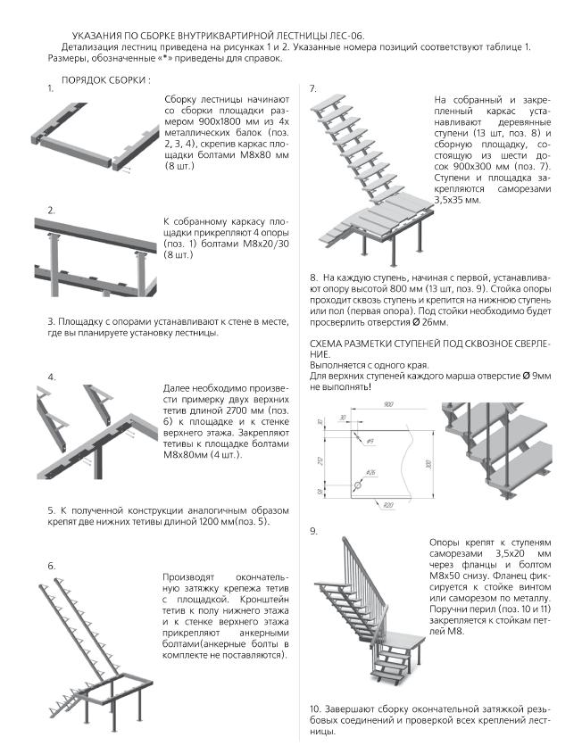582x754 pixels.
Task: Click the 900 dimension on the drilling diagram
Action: click(388, 404)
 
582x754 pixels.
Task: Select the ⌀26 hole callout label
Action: click(370, 473)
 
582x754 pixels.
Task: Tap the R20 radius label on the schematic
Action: click(388, 505)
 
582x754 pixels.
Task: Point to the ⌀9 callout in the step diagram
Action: click(370, 441)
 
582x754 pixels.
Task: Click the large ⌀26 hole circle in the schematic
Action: click(358, 485)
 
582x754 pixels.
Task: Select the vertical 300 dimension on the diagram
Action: click(429, 465)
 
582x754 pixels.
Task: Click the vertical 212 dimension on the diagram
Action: click(320, 460)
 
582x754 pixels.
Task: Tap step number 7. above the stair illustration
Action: click(313, 88)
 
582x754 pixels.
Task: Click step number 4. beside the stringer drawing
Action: click(52, 377)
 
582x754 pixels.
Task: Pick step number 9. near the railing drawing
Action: click(313, 531)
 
